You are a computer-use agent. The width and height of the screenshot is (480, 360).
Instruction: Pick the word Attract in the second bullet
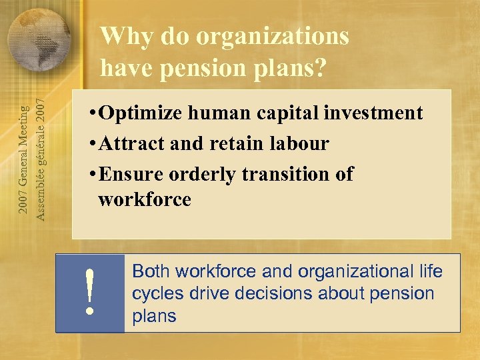click(x=129, y=143)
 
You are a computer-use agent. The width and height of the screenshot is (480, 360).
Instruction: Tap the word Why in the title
click(x=121, y=37)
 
